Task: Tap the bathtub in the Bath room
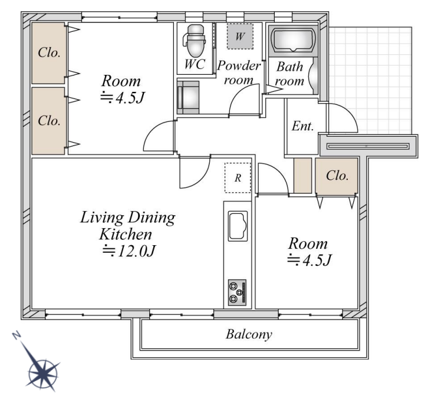293,40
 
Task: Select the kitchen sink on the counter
238,226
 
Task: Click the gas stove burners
237,293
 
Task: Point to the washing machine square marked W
240,37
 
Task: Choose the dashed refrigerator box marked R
238,178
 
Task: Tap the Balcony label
249,334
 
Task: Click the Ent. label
302,126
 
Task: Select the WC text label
195,64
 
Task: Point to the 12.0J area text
129,250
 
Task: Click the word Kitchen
126,235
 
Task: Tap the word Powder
239,65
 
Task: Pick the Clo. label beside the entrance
337,176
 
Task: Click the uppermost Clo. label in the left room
49,52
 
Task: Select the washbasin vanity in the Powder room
188,97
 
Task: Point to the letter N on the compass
17,335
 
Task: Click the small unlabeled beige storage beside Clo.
302,176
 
